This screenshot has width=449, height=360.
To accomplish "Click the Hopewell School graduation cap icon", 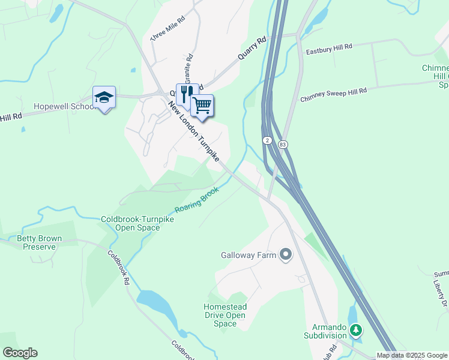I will pos(104,97).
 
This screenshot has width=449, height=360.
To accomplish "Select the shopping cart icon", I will pos(202,105).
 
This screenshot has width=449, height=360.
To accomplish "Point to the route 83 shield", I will pos(283,145).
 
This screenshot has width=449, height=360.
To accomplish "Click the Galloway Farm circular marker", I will pos(286,255).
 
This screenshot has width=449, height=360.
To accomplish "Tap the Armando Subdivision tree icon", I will pos(356,329).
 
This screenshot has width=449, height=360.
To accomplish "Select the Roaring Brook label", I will pos(197,200).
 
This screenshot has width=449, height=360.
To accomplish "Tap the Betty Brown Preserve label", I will pos(39,242).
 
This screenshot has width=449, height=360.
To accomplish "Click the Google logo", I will pos(20,353).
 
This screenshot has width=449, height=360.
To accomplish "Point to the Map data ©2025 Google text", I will pos(412,355).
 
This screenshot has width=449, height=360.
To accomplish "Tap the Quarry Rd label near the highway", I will pos(252,49).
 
